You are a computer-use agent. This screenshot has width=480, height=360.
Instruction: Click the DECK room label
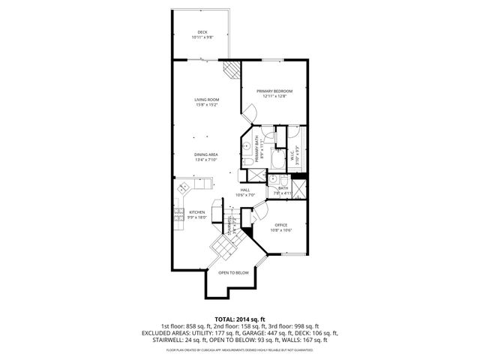202,34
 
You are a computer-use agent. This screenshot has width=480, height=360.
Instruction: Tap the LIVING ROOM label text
206,101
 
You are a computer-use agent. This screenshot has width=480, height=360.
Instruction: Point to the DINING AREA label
206,156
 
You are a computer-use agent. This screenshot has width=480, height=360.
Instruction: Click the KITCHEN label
197,214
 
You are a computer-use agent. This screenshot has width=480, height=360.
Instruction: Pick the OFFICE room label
281,228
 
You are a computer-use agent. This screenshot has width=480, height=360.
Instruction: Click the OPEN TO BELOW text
233,273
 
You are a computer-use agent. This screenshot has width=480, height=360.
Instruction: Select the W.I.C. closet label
295,154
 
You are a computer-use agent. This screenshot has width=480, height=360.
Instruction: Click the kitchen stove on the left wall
179,218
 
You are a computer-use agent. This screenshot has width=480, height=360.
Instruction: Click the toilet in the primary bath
247,162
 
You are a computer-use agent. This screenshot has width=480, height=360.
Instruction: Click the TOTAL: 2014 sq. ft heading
240,319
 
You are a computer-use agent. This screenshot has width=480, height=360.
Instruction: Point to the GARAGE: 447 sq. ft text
282,334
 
